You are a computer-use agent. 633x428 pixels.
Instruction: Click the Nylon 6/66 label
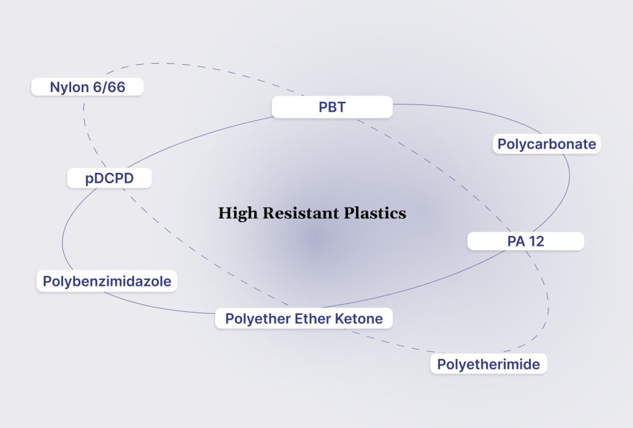(x=87, y=87)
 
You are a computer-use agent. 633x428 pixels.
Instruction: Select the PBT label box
(x=332, y=107)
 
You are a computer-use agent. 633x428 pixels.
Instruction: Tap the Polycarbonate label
(x=547, y=145)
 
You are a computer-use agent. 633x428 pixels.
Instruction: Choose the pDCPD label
(x=109, y=179)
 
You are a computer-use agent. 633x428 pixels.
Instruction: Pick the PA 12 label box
(x=525, y=241)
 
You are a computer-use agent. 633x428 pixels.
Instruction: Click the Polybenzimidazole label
(x=107, y=282)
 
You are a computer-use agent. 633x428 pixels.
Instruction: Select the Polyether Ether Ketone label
(x=304, y=319)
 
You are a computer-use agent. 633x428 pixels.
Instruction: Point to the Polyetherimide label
(x=488, y=364)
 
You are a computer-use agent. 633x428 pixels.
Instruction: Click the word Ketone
(x=359, y=319)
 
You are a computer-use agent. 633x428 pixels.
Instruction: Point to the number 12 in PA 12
(x=535, y=241)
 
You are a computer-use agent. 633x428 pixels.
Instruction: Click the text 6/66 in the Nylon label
(x=108, y=87)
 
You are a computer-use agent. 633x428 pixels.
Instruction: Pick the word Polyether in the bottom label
(x=253, y=319)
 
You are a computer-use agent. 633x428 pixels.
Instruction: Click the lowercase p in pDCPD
(x=88, y=180)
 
